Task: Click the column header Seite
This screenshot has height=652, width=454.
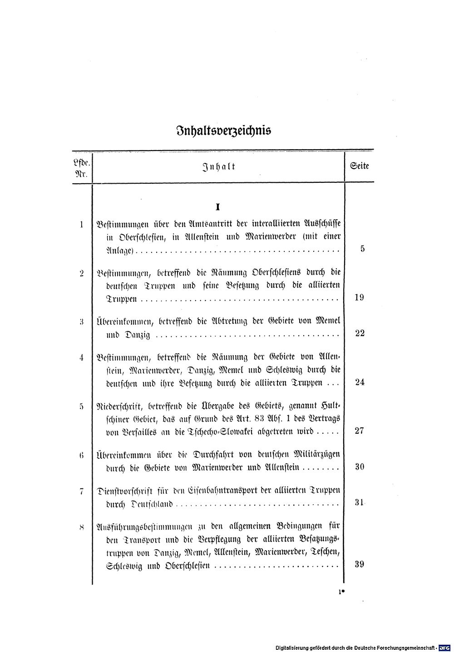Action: point(360,166)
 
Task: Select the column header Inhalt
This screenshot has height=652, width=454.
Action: point(218,166)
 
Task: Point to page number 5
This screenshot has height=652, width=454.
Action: point(362,249)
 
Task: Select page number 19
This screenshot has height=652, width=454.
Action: point(360,298)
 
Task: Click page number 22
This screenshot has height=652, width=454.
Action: point(360,333)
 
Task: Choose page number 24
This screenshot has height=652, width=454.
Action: point(360,382)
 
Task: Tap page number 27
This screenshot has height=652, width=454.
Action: point(360,431)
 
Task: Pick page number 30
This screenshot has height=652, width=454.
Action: point(360,466)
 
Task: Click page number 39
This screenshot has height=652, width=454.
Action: point(360,564)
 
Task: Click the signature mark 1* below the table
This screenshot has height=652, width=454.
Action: point(341,592)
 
